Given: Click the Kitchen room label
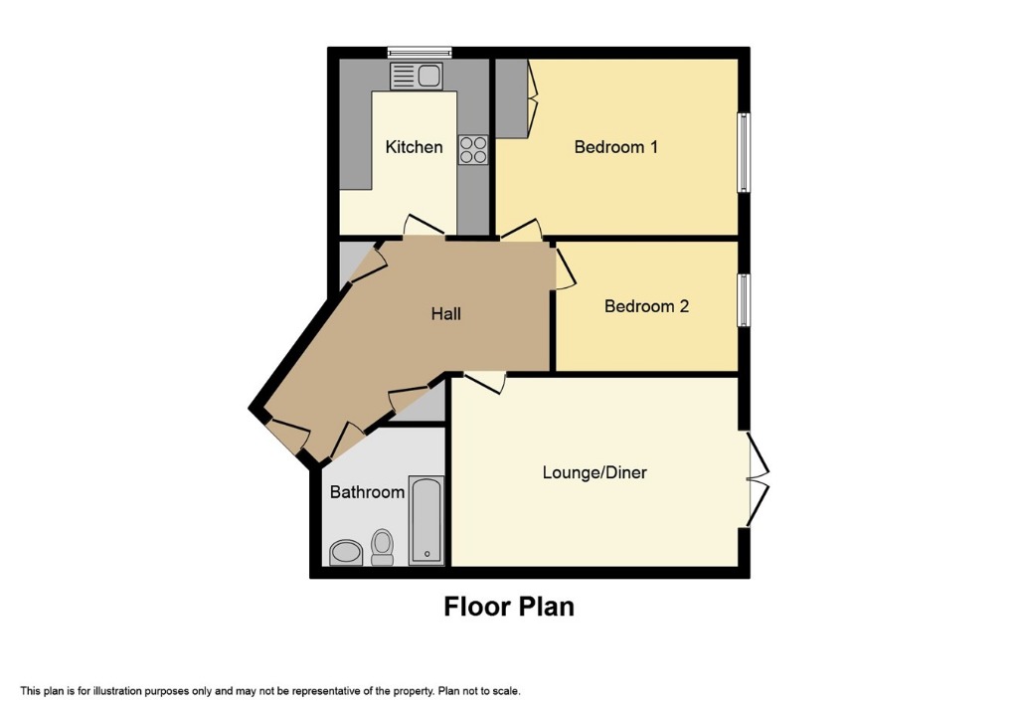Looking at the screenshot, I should [x=414, y=147].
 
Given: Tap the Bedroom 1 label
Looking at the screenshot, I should [x=616, y=147].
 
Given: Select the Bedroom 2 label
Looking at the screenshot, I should [x=646, y=306].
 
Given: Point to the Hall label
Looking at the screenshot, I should [x=445, y=314].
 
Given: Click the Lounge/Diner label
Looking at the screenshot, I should [x=594, y=472].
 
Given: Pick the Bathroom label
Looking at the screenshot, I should [x=367, y=492].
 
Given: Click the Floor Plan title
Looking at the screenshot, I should [x=509, y=606].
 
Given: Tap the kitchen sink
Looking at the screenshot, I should [x=417, y=76].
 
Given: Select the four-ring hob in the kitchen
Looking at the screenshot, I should [x=473, y=149].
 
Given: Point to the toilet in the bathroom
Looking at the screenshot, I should [x=382, y=546].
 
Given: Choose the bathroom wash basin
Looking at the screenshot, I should [x=345, y=552].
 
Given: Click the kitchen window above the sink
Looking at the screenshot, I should [x=419, y=52].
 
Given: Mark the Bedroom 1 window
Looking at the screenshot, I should [x=743, y=152].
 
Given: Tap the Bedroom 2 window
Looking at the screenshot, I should [x=743, y=299].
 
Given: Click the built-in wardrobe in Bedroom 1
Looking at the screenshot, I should [x=514, y=97].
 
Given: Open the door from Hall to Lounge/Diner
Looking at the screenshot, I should [x=485, y=381].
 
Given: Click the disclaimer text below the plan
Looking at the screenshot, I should [x=269, y=691].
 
